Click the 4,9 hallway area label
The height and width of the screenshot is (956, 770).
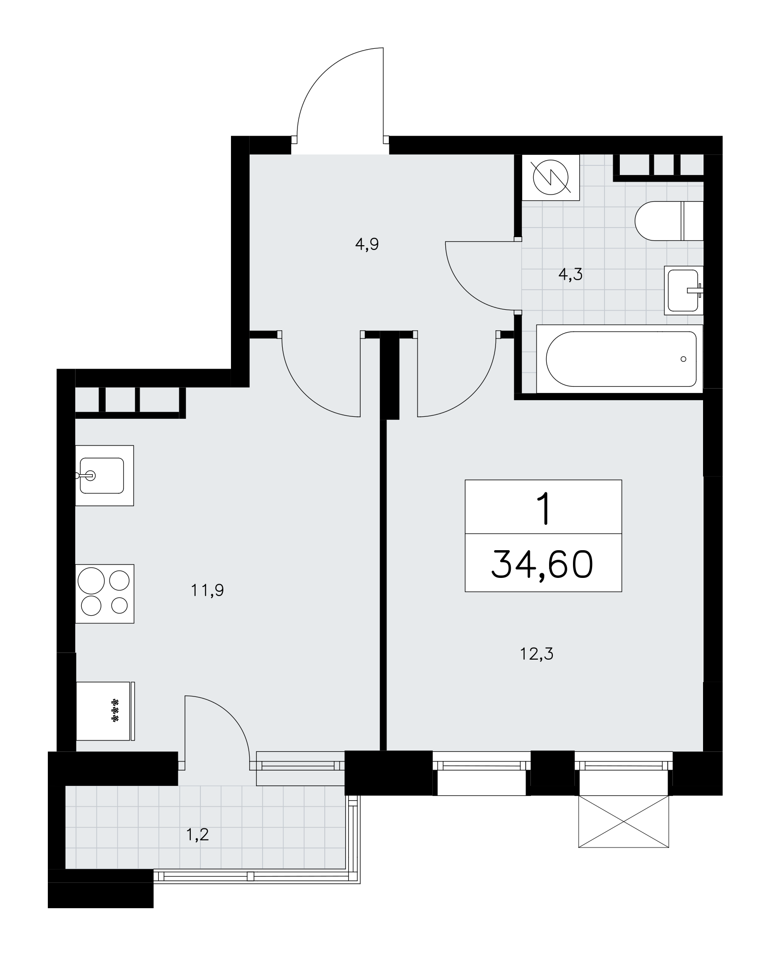367,245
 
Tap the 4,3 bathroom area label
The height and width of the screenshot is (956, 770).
571,275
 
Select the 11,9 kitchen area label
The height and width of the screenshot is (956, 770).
207,591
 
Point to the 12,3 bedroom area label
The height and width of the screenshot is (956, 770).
537,653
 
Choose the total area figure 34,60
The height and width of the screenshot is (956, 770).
543,564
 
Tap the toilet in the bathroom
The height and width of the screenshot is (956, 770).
669,221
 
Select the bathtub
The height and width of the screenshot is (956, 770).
620,359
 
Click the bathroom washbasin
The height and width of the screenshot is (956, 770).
684,290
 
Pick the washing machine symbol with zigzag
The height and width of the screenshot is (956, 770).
551,177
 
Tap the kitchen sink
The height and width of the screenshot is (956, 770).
104,476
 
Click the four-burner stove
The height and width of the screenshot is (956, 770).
105,594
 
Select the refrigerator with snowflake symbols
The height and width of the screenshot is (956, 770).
105,711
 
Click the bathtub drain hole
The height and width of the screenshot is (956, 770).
683,359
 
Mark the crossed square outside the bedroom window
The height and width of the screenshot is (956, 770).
624,821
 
